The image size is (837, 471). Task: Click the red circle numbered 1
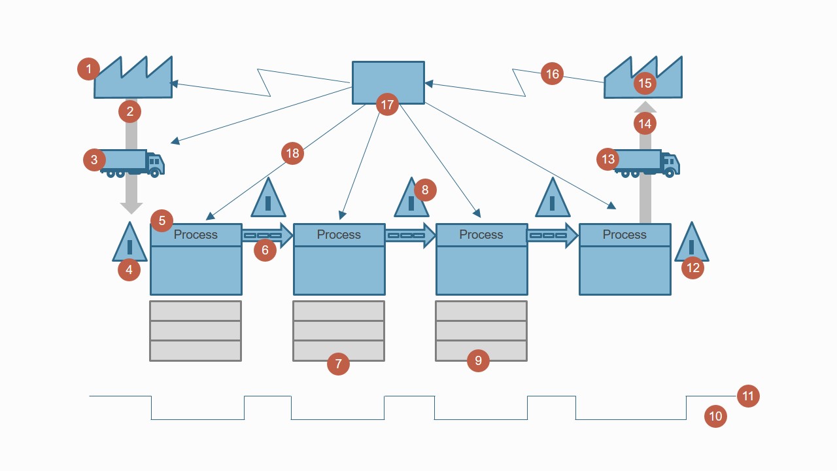(x=88, y=69)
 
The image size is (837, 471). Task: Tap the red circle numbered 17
(x=387, y=104)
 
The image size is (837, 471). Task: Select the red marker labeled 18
(x=292, y=153)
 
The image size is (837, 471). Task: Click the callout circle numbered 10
(x=715, y=416)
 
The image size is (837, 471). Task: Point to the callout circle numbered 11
(x=748, y=396)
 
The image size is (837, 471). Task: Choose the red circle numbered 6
(x=265, y=250)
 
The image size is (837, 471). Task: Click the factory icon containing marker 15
(x=643, y=78)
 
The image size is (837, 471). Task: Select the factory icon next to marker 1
(x=133, y=80)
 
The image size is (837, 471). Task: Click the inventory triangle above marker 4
(x=129, y=243)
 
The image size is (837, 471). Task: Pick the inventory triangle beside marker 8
(x=410, y=199)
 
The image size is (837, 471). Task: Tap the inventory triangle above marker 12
(x=692, y=243)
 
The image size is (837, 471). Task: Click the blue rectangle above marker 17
(x=388, y=78)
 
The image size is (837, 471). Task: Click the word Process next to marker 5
(x=195, y=235)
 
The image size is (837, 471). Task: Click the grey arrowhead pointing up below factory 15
(x=645, y=107)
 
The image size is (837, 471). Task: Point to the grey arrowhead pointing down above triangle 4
(x=131, y=208)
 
